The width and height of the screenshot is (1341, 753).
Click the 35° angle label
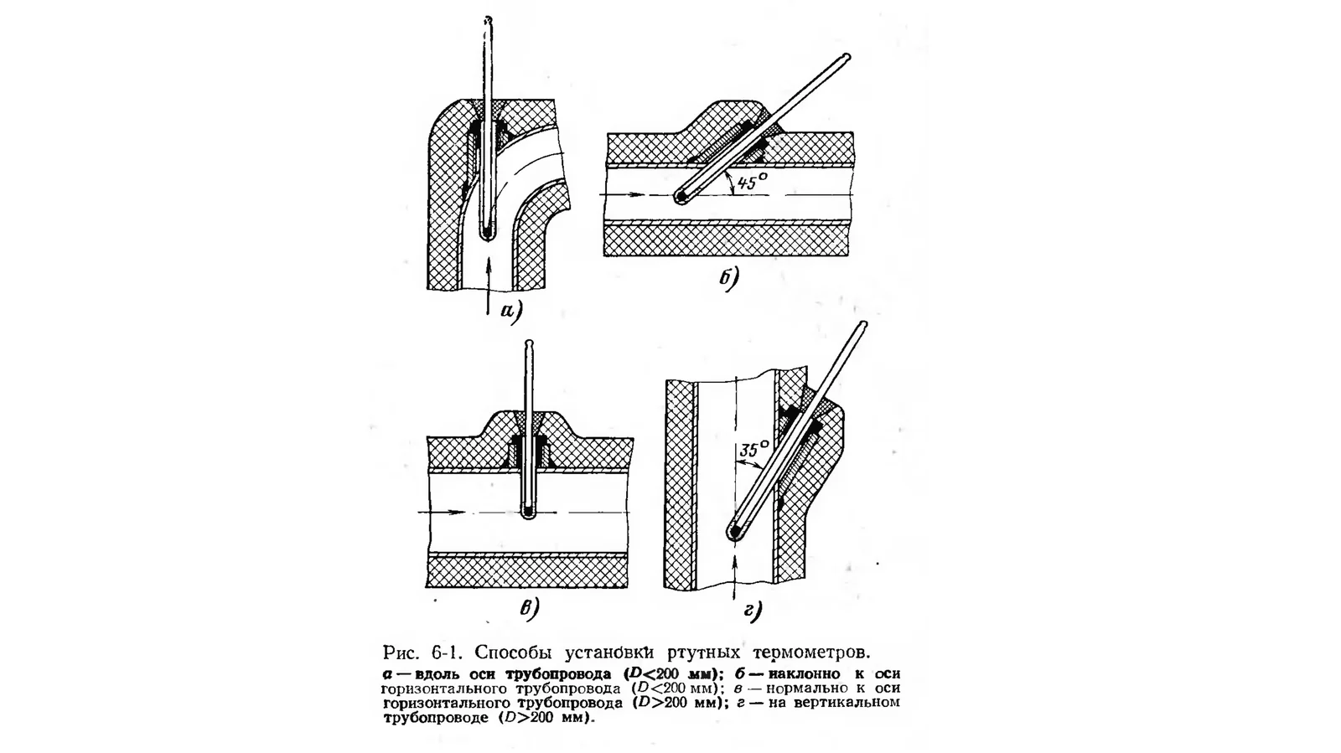click(x=753, y=449)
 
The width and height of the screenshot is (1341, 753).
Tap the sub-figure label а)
click(x=512, y=311)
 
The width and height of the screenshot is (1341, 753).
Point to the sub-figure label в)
click(x=529, y=608)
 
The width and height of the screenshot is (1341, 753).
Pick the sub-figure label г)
click(x=753, y=610)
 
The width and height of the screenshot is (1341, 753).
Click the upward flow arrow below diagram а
click(x=489, y=285)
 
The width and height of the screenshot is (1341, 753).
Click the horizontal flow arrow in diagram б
click(x=623, y=195)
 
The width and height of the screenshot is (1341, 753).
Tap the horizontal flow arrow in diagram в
click(x=442, y=513)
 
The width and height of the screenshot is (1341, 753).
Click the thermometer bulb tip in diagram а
click(x=488, y=233)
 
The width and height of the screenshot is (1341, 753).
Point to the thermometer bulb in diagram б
click(x=681, y=195)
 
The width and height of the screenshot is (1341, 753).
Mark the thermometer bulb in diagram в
click(x=528, y=512)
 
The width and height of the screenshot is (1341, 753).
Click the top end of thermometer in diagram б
click(x=847, y=57)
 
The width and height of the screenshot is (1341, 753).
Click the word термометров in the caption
click(x=811, y=652)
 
